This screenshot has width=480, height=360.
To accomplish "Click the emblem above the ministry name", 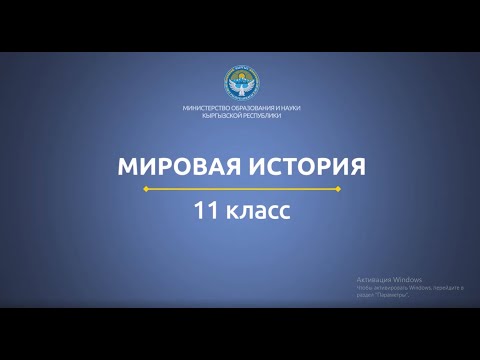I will point(240,83).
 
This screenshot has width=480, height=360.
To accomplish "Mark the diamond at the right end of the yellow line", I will point(338,188).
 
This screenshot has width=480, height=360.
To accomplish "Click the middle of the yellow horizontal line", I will point(241,188).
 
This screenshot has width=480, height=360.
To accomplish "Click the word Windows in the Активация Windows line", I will point(406,279).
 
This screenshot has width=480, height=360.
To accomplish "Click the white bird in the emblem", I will point(240,87).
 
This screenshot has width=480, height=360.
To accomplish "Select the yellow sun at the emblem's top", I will point(240,74).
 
